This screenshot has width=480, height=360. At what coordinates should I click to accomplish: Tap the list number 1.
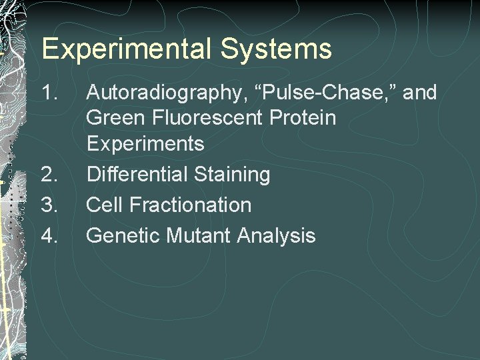tap(51, 93)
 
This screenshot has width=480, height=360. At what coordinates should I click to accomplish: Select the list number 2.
tap(51, 175)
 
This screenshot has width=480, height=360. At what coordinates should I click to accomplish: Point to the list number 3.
tap(51, 205)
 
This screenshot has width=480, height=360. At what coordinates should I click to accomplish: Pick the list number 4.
tap(51, 235)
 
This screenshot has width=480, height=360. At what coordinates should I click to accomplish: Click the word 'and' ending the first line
tap(419, 93)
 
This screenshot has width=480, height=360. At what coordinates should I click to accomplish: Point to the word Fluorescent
tap(207, 118)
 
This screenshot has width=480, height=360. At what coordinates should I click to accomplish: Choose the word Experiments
tap(145, 144)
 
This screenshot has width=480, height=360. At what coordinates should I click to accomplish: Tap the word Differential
tap(138, 175)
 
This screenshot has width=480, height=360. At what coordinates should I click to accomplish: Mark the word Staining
tap(233, 175)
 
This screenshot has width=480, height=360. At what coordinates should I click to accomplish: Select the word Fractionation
tap(191, 205)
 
